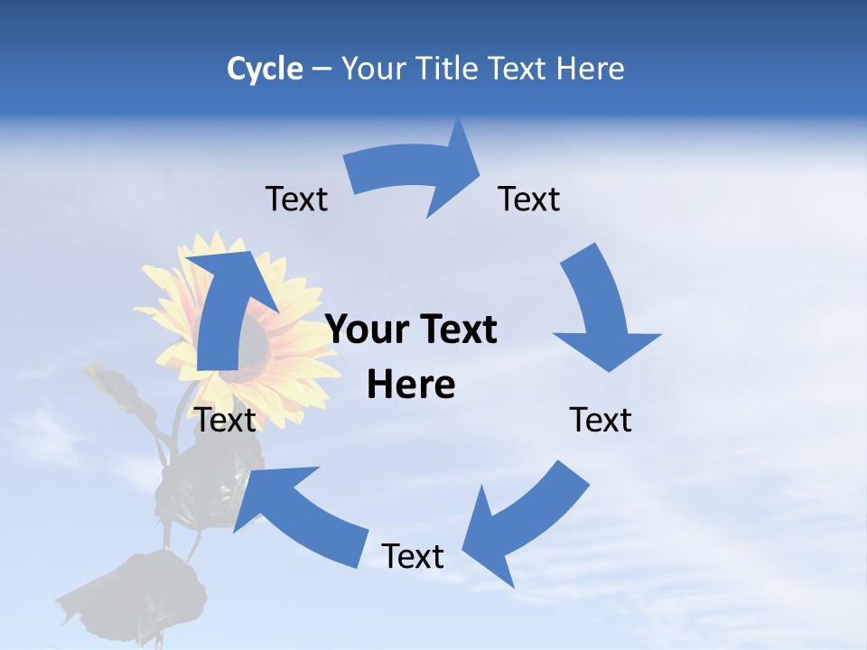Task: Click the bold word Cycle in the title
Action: point(265,69)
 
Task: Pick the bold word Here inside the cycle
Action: point(411,385)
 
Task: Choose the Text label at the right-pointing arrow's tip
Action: point(529,199)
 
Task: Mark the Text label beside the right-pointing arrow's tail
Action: point(296,199)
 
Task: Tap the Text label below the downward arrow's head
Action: point(601,420)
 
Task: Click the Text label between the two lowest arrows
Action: point(413,556)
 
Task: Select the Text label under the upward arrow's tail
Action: point(226,420)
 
